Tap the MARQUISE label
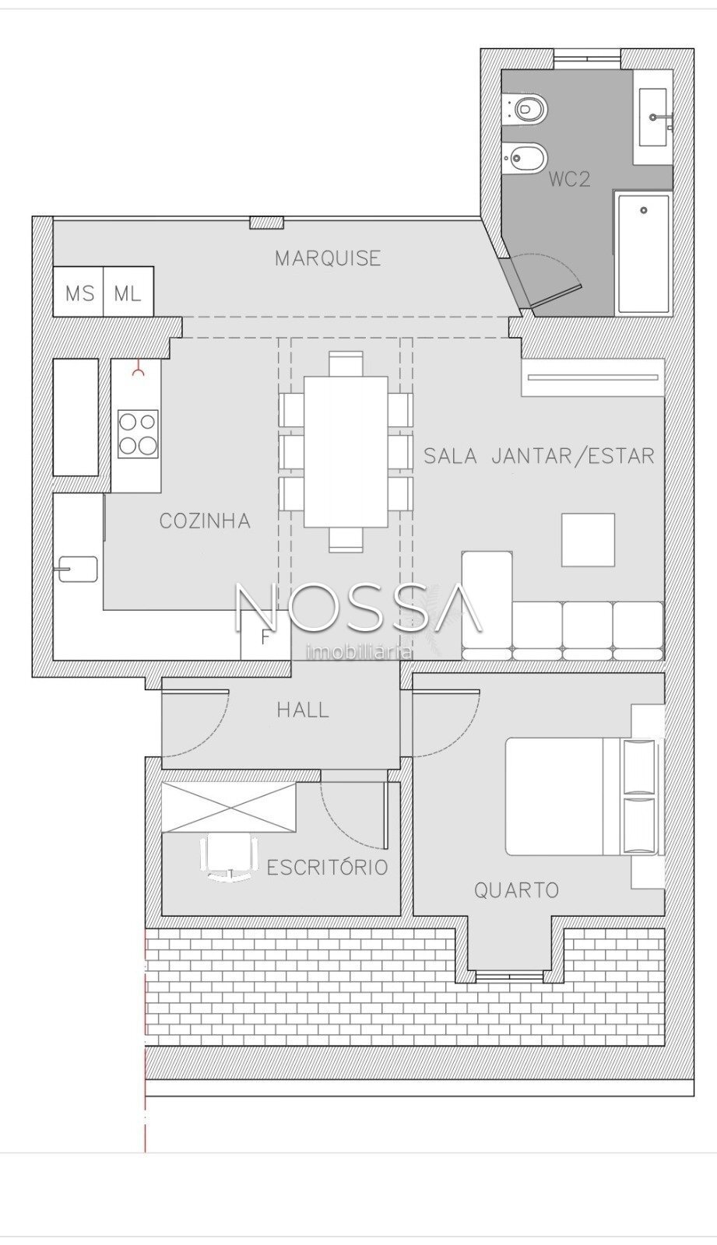click(x=328, y=258)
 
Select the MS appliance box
click(x=79, y=292)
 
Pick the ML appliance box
click(x=128, y=292)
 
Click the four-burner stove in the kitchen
click(x=137, y=433)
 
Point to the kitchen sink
click(x=78, y=569)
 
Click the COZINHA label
click(x=205, y=521)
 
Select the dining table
click(x=346, y=451)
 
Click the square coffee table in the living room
click(x=588, y=540)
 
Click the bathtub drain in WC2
click(x=644, y=210)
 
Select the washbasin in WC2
click(x=654, y=117)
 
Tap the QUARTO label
click(x=515, y=890)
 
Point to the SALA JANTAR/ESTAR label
click(x=539, y=456)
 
